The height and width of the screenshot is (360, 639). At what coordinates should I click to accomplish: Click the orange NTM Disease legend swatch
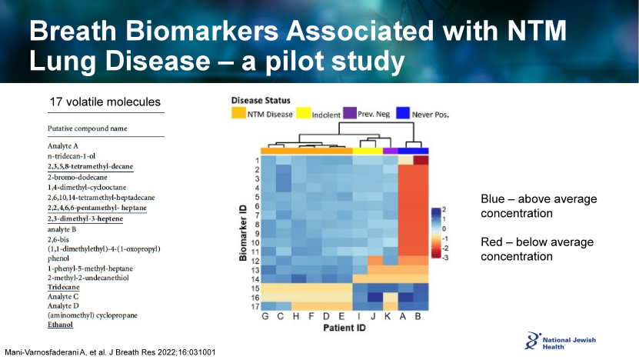[238, 115]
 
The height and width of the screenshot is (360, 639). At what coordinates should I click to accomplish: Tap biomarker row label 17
[252, 306]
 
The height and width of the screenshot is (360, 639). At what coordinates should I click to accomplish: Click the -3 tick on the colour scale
[444, 256]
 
